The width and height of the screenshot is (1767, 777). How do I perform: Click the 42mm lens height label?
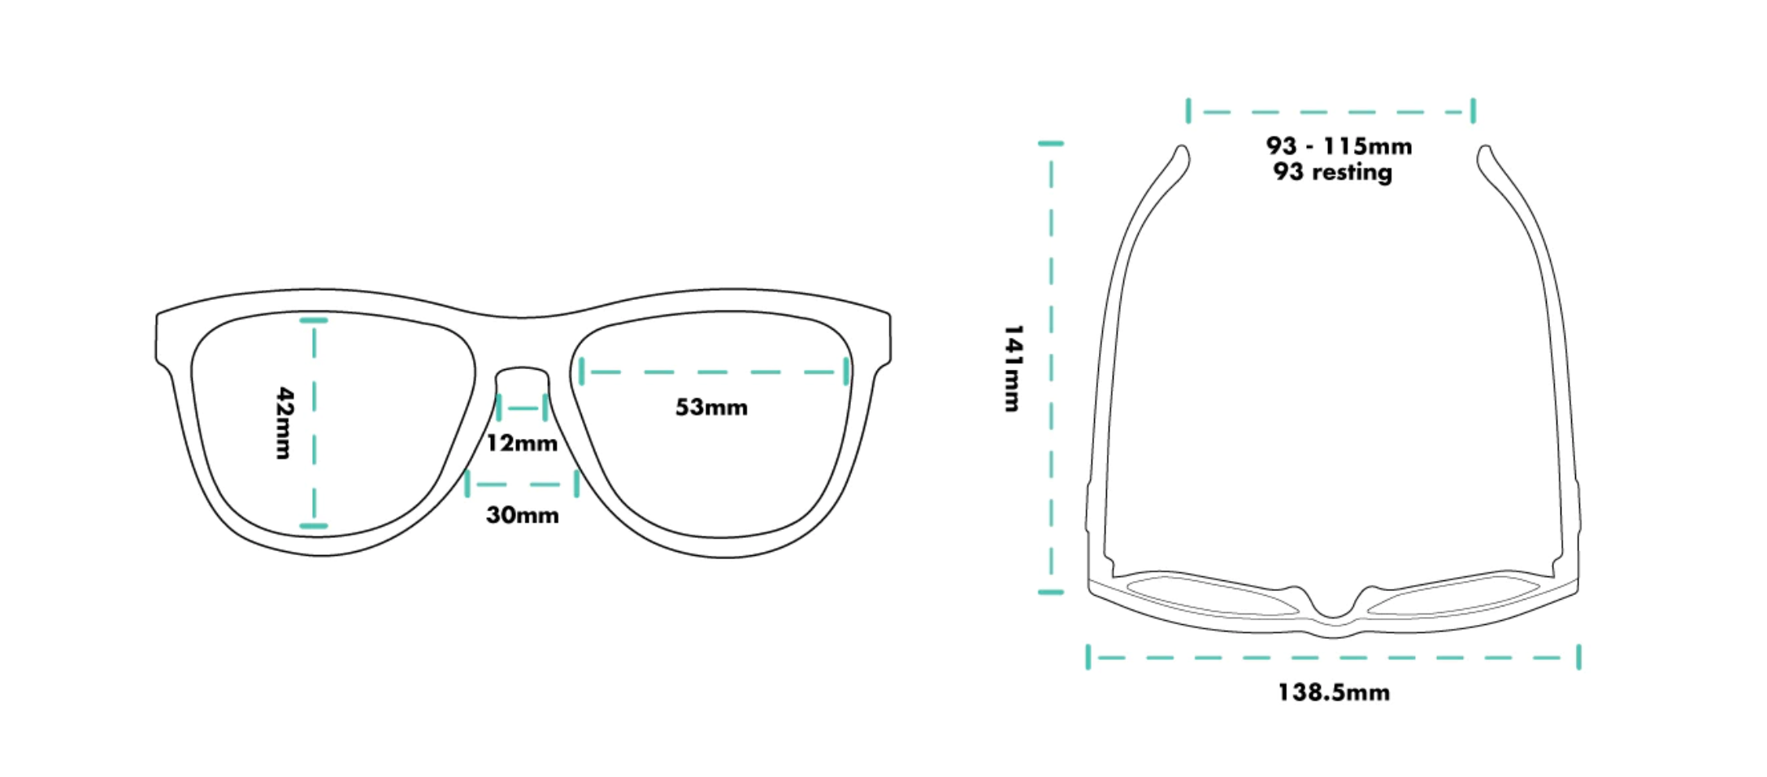(284, 423)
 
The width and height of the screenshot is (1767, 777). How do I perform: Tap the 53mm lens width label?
(711, 407)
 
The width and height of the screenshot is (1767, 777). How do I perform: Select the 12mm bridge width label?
(522, 444)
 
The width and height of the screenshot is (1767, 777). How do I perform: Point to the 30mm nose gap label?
(522, 515)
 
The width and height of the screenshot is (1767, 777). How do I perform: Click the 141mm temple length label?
(1013, 368)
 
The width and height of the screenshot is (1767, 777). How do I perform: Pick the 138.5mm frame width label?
(1334, 692)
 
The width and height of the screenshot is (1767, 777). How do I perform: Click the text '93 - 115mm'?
(1339, 146)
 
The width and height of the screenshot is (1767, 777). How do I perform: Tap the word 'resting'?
(1352, 172)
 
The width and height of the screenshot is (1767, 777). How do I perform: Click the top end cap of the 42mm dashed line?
(314, 320)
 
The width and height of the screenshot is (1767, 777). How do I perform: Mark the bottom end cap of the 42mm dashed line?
(314, 526)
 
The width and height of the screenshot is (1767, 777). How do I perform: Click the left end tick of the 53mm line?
(582, 372)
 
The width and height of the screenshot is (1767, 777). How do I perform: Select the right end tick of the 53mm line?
(846, 372)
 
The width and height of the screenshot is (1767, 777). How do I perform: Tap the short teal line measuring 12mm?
(522, 408)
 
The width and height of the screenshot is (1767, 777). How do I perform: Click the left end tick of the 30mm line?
(467, 484)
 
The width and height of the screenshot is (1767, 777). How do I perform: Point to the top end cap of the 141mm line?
(1051, 144)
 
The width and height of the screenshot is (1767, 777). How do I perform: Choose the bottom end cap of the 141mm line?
(1051, 592)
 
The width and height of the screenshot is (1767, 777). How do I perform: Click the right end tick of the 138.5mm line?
(1578, 657)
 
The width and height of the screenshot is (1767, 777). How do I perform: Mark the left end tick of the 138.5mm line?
(1088, 657)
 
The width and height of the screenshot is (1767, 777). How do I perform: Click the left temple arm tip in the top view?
(1183, 151)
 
